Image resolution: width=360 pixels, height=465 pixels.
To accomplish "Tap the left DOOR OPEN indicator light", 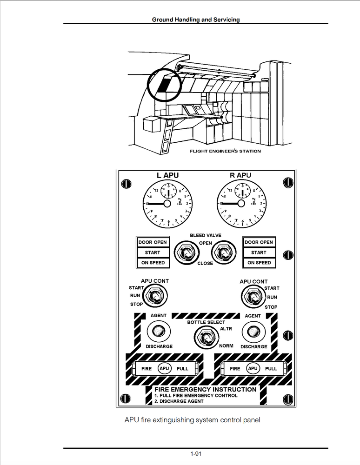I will coord(152,242).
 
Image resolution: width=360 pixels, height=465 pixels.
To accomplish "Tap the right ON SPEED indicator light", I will coord(259,263).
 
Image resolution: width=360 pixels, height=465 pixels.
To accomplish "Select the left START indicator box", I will coord(152,252).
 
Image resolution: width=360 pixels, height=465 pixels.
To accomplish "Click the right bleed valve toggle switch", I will coord(221,253).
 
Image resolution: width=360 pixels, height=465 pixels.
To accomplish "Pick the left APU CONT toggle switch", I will coord(155,295).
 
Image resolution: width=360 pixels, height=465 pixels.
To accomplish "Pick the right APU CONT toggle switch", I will coord(252,295).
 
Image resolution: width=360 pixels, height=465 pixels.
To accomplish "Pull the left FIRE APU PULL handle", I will coord(163,368).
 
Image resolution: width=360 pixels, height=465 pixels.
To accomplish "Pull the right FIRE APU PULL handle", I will coord(253,368).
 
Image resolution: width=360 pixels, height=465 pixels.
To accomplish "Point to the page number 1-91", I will coord(196,453).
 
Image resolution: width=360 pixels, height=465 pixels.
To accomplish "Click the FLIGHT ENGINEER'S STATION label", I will coord(225,151).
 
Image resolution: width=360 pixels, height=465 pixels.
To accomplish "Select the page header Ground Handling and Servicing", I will coord(196,20).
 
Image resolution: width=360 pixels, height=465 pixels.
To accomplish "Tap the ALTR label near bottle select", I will coord(226,329).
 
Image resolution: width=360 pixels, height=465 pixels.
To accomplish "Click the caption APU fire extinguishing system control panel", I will coord(192,420).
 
